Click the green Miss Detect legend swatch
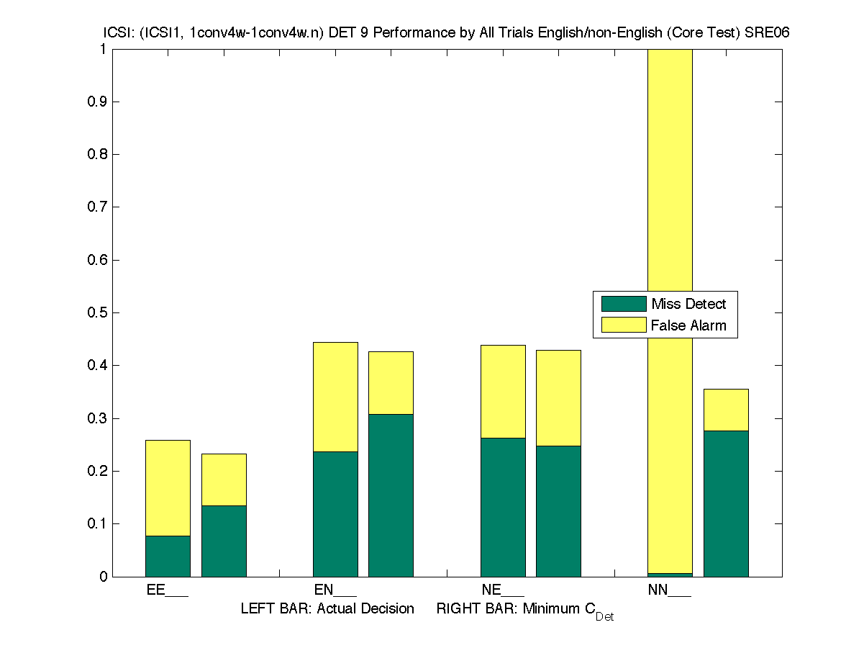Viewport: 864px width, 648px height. [624, 304]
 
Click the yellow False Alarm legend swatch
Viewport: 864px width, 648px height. [624, 325]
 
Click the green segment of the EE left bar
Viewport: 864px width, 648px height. [168, 556]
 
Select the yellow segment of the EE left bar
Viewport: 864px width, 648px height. [168, 488]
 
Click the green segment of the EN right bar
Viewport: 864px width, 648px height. [391, 495]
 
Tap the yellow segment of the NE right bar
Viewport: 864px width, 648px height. [558, 397]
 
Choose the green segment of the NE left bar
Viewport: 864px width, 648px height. [503, 507]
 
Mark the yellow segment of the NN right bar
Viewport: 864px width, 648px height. [726, 410]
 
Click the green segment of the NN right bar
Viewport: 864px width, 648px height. [726, 503]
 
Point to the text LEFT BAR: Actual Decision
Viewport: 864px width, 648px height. [327, 609]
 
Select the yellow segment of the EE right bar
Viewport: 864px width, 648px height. [224, 480]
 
